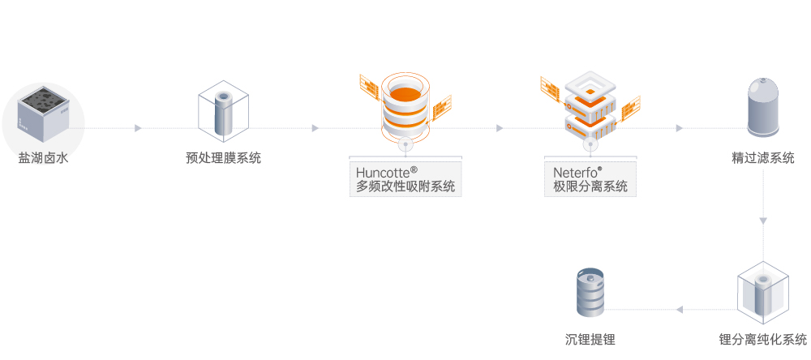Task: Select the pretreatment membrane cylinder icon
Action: [x=223, y=114]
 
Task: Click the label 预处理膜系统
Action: [x=223, y=158]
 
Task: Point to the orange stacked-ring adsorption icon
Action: [x=404, y=105]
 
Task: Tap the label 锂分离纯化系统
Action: [x=763, y=339]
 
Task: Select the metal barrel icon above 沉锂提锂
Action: [x=590, y=293]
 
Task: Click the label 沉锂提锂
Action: [x=590, y=339]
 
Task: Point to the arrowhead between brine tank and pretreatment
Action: [x=138, y=128]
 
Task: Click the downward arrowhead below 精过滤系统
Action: [x=763, y=221]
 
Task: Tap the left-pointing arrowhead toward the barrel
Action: [x=680, y=310]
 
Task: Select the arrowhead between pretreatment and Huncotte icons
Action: [x=315, y=128]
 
